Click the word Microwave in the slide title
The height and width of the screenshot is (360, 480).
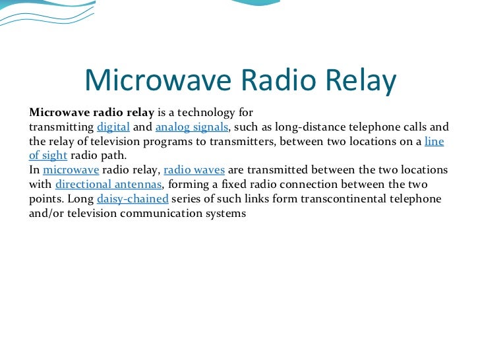(156, 80)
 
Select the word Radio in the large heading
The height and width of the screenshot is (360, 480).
(276, 80)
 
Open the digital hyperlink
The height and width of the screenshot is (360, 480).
(113, 127)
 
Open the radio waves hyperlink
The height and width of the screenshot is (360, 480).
(194, 169)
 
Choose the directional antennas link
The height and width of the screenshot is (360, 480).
(109, 184)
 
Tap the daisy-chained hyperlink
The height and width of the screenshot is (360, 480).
(132, 198)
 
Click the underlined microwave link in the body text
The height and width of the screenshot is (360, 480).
(71, 169)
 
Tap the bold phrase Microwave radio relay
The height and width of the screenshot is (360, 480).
(92, 112)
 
